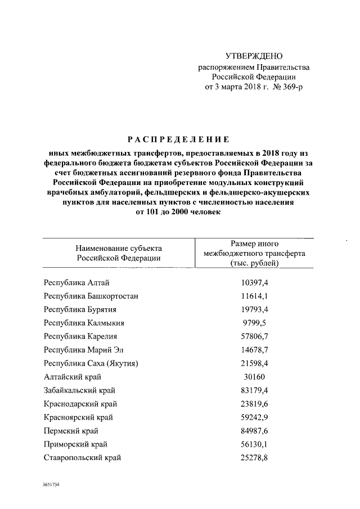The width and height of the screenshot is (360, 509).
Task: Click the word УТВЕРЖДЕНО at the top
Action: coord(254,56)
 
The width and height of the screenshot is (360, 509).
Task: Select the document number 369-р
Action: coord(290,87)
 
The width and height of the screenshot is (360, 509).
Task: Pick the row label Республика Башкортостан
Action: coord(91,296)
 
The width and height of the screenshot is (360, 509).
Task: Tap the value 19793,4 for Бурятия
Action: coord(254,309)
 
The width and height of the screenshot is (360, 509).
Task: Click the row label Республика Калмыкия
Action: coord(84,323)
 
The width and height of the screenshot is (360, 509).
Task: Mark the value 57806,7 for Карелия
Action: coord(254,336)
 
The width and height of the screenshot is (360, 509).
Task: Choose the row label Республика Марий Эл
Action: coord(82,350)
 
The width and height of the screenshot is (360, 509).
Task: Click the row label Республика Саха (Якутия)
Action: coord(91,363)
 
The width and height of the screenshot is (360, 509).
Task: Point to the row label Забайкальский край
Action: coord(80,390)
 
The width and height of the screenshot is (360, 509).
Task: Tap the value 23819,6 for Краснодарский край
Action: coord(254,404)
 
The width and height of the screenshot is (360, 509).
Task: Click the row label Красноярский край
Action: coord(78,417)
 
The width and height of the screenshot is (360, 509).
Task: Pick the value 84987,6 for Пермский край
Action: coord(254,431)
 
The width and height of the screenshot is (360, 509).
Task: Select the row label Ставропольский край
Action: coord(82,458)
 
